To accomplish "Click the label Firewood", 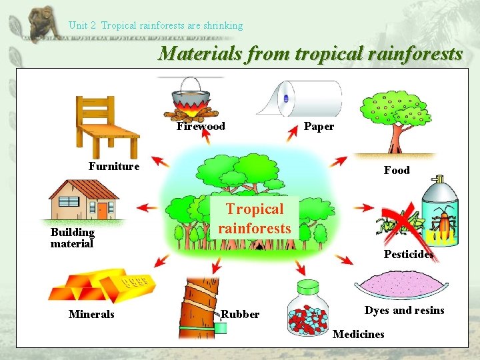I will pyautogui.click(x=201, y=127).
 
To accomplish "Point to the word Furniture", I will pyautogui.click(x=114, y=167).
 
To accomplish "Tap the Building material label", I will pyautogui.click(x=73, y=238).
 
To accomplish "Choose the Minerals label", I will pyautogui.click(x=91, y=315).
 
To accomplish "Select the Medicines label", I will pyautogui.click(x=358, y=334).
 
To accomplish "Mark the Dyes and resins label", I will pyautogui.click(x=404, y=311).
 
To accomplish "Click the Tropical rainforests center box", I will pyautogui.click(x=255, y=219).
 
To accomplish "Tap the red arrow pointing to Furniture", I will pyautogui.click(x=159, y=161).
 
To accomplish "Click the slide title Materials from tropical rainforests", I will pyautogui.click(x=310, y=54).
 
